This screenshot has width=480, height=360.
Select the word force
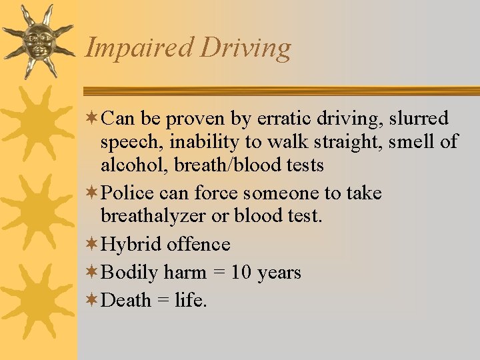pos(217,193)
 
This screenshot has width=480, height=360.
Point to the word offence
pos(199,245)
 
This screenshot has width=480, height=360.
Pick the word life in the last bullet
pos(191,301)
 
